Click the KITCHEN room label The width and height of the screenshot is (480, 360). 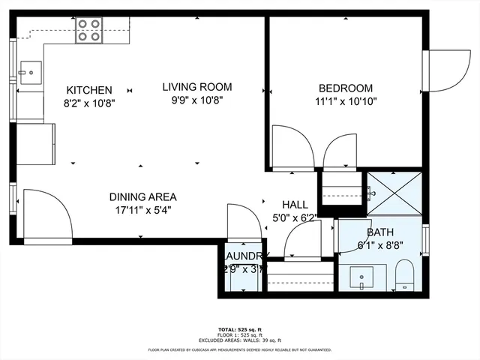click(x=89, y=89)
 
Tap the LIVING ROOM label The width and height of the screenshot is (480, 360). click(x=197, y=86)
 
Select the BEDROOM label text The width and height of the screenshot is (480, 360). click(x=345, y=88)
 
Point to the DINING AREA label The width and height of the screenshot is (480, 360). click(x=142, y=197)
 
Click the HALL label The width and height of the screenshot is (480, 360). click(x=295, y=205)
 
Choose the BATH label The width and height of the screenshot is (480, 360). click(x=379, y=232)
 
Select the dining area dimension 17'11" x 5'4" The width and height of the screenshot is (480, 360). click(x=142, y=210)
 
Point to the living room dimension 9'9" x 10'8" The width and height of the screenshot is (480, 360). click(x=197, y=99)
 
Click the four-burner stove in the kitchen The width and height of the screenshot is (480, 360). click(x=89, y=30)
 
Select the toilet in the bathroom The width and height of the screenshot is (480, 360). click(x=404, y=274)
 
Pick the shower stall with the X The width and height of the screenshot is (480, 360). click(x=394, y=193)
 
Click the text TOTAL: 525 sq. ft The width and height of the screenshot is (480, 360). click(x=239, y=329)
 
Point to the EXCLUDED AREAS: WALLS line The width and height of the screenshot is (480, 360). click(x=239, y=340)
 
